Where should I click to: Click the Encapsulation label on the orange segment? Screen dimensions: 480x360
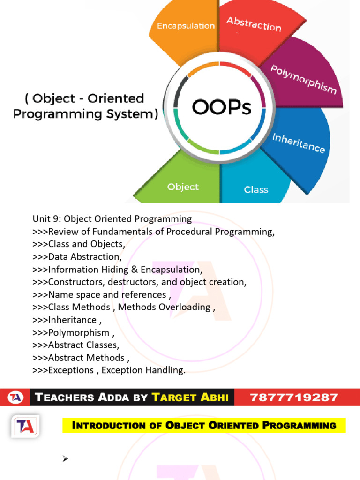186,26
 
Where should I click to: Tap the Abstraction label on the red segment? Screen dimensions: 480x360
254,24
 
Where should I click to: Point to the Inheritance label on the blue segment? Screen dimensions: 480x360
299,143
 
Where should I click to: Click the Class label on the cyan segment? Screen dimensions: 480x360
256,189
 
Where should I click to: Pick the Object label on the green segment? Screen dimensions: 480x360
183,187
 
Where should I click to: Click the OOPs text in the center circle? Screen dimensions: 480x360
222,107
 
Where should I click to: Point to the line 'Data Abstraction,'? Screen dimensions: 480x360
77,257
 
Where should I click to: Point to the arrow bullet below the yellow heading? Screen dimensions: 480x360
66,459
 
